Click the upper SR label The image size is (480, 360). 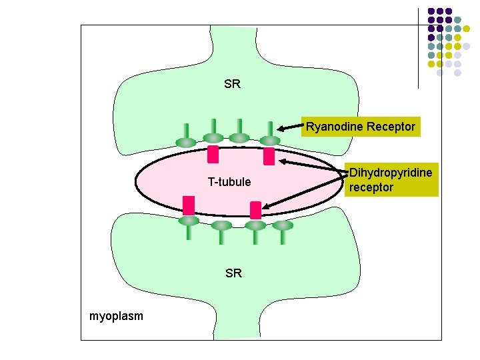click(x=233, y=85)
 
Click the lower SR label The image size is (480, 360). click(x=233, y=273)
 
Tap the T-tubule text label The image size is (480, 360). click(x=229, y=182)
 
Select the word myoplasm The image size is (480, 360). click(x=116, y=315)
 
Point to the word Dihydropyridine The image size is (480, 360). click(x=391, y=173)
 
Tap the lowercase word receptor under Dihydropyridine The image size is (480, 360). click(x=371, y=187)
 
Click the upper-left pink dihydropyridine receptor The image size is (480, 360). click(x=213, y=154)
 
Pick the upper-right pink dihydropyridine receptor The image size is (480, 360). click(x=269, y=157)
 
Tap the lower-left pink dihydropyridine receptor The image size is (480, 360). click(x=189, y=205)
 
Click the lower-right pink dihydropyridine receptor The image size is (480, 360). click(x=255, y=211)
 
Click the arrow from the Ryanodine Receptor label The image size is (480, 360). click(x=291, y=128)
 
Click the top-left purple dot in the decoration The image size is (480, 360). click(x=431, y=11)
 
